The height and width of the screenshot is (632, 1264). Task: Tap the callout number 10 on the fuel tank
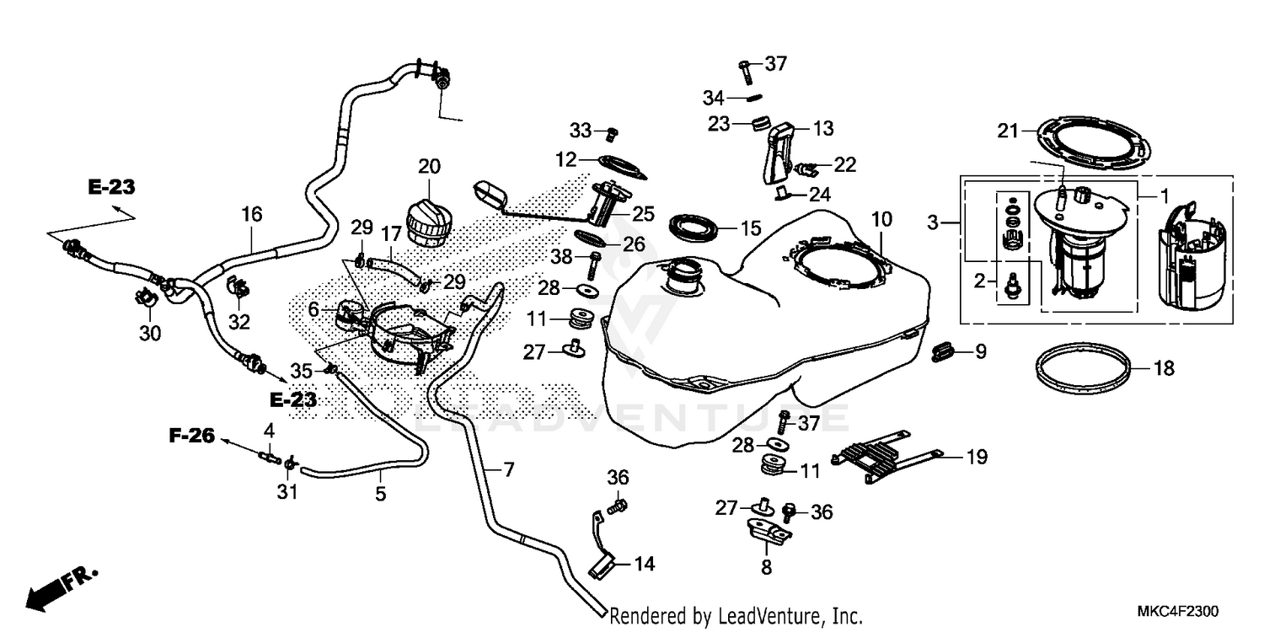pos(881,219)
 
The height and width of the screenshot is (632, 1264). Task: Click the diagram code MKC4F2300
pos(1178,611)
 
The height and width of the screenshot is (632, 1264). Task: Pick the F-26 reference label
pos(192,436)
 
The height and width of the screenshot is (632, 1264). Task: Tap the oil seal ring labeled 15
pos(694,228)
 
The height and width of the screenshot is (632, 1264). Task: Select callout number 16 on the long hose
pos(252,214)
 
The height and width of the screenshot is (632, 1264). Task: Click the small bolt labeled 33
pos(611,135)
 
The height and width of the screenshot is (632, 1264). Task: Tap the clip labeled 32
pos(238,287)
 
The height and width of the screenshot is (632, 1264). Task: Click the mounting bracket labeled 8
pos(769,532)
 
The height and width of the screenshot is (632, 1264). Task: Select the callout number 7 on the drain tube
pos(508,469)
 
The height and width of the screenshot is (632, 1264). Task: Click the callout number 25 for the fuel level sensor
pos(643,214)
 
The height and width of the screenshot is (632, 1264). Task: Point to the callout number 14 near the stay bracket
pos(645,564)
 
